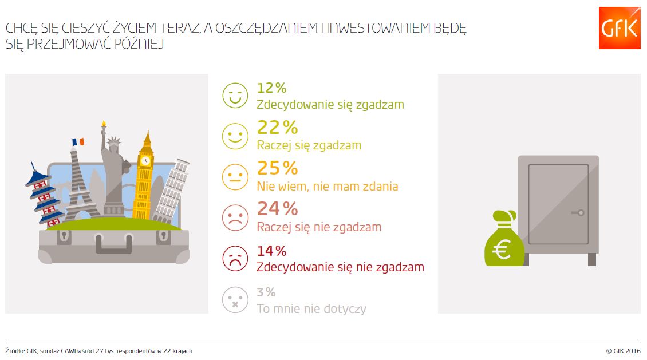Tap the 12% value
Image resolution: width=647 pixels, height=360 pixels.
(271, 88)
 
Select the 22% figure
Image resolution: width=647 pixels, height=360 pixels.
(278, 128)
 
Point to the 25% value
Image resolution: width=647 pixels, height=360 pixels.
(278, 168)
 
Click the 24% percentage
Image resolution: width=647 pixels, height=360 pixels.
(278, 209)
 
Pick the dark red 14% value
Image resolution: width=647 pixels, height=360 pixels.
(271, 251)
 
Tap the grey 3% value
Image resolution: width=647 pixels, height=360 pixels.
(266, 292)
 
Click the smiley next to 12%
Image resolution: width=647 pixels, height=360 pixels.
(235, 96)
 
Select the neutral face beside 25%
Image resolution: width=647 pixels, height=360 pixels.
(235, 176)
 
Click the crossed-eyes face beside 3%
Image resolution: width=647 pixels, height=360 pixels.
(235, 300)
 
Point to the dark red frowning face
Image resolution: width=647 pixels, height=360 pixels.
(235, 259)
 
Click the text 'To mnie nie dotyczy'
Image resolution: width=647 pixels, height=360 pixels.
(311, 308)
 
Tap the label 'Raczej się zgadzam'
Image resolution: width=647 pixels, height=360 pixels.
(309, 145)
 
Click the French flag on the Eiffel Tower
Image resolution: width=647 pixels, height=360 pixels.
(78, 141)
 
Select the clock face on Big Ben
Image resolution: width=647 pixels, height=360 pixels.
(146, 161)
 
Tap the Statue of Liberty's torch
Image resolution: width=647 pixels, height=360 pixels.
(104, 124)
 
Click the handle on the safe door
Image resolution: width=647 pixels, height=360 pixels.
(578, 213)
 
